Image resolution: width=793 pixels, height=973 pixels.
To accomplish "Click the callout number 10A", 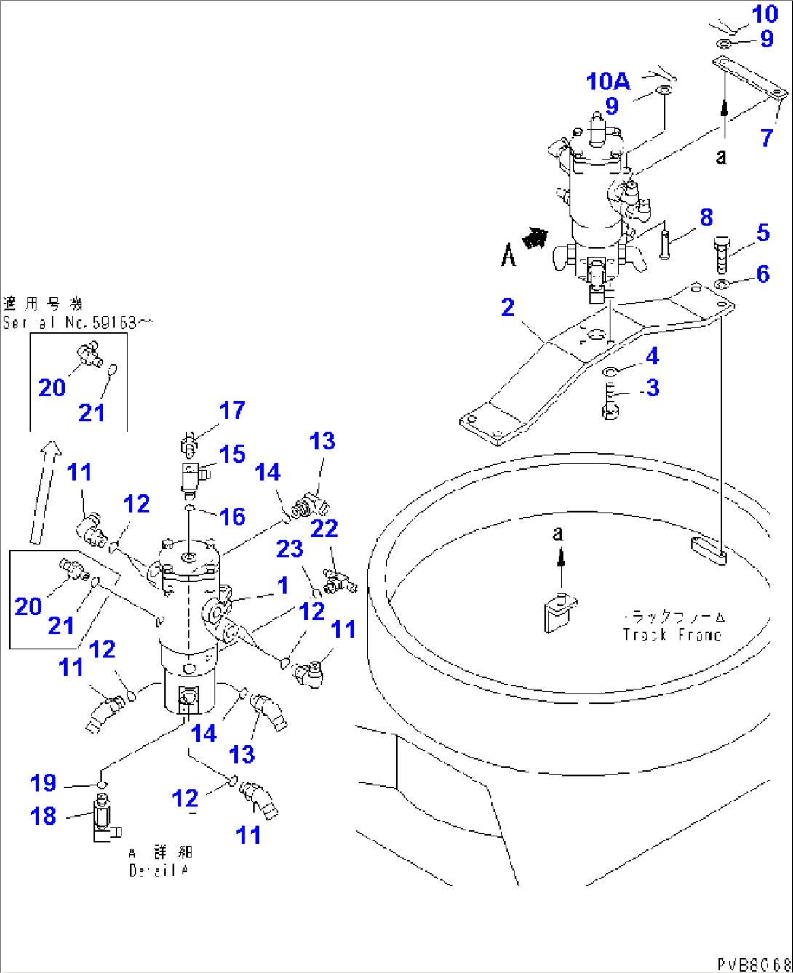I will pyautogui.click(x=608, y=81).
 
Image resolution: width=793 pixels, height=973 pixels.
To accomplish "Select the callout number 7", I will pyautogui.click(x=767, y=137).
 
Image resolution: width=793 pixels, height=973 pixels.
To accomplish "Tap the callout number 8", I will pyautogui.click(x=706, y=217).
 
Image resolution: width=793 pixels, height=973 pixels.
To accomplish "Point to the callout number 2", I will pyautogui.click(x=508, y=308).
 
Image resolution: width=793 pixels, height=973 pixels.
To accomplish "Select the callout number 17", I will pyautogui.click(x=232, y=410).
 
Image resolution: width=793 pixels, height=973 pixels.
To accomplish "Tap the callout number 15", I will pyautogui.click(x=232, y=454).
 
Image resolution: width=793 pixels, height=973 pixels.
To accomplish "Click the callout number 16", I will pyautogui.click(x=232, y=516).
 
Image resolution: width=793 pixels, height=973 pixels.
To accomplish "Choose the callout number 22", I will pyautogui.click(x=324, y=529).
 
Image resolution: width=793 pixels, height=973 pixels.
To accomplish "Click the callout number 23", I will pyautogui.click(x=289, y=548).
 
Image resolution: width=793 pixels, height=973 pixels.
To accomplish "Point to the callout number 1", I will pyautogui.click(x=282, y=585).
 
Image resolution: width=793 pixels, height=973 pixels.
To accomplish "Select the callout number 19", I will pyautogui.click(x=43, y=783).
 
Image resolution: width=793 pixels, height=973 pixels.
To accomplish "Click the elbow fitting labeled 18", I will pyautogui.click(x=104, y=819).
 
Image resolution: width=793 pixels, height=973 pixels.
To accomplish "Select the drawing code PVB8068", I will pyautogui.click(x=754, y=964).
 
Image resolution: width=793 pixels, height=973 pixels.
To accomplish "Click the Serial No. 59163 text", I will pyautogui.click(x=78, y=322).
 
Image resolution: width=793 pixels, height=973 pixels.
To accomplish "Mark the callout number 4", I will pyautogui.click(x=652, y=356).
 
